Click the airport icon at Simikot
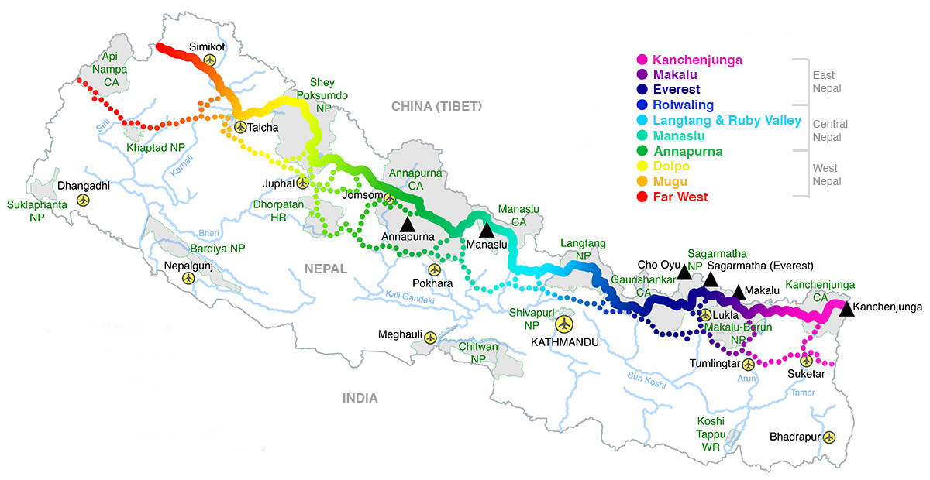coord(210,60)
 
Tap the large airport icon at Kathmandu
coord(565,323)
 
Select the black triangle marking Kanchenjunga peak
coord(846,308)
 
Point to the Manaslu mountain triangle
coord(486,229)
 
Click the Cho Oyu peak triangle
coord(684,273)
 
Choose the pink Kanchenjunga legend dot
coord(641,60)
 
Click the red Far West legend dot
coord(641,197)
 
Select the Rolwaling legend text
coord(683,105)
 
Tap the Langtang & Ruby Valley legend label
coord(727,121)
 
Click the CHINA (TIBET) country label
coord(436,106)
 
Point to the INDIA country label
coord(360,398)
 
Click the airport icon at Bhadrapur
coord(830,437)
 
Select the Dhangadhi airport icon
coord(83,200)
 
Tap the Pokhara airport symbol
coord(434,270)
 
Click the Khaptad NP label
coord(155,147)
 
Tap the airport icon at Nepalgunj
coord(188,279)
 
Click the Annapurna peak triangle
coord(407,223)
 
